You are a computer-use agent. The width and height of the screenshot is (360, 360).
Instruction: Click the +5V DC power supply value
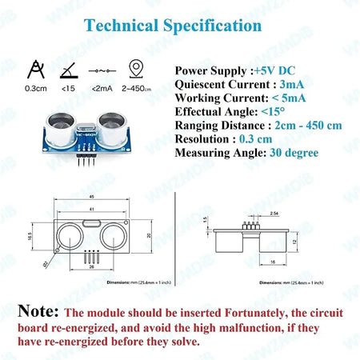click(x=274, y=70)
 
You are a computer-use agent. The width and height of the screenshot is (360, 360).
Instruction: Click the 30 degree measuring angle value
click(x=294, y=152)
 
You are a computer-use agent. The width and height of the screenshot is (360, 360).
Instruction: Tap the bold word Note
click(x=38, y=311)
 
